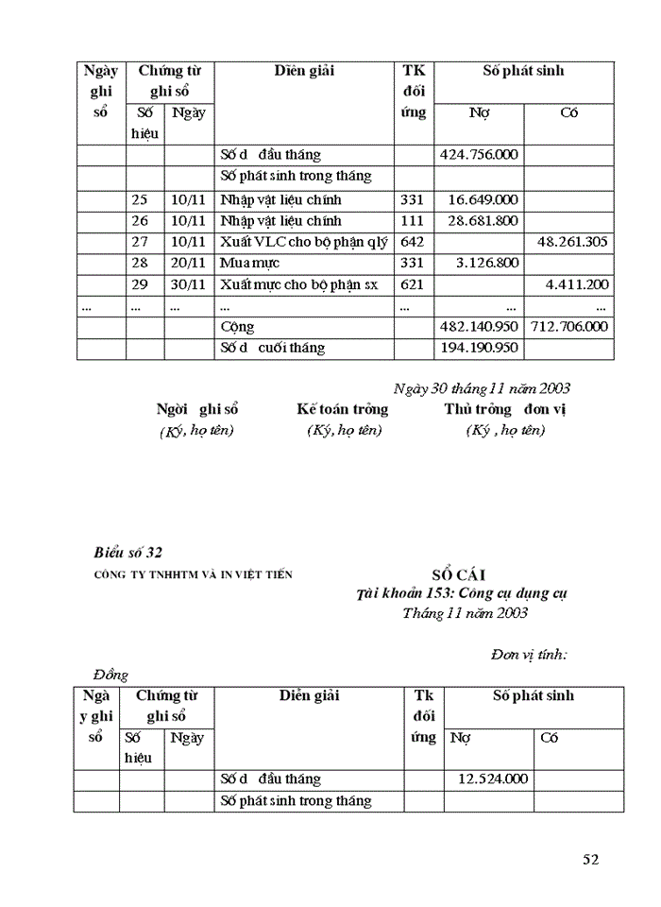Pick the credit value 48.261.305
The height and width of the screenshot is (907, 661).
click(572, 241)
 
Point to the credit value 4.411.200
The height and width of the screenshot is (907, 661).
click(577, 283)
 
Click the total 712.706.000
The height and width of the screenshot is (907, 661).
click(568, 327)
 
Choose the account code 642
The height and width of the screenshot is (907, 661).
click(413, 241)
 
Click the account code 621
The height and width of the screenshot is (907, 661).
click(413, 283)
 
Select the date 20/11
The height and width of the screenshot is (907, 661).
click(188, 262)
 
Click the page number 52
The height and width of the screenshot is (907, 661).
click(590, 859)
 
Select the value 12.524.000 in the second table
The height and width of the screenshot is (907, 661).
click(493, 779)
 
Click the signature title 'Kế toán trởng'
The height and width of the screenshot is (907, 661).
click(342, 409)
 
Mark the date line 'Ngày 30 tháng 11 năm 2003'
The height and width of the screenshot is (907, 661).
click(482, 388)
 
